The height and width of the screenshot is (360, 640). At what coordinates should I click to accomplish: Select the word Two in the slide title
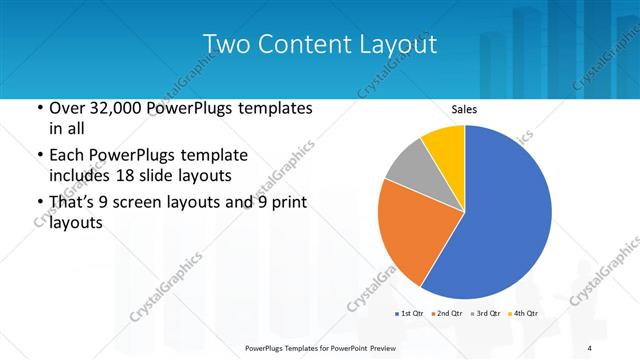tap(223, 44)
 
